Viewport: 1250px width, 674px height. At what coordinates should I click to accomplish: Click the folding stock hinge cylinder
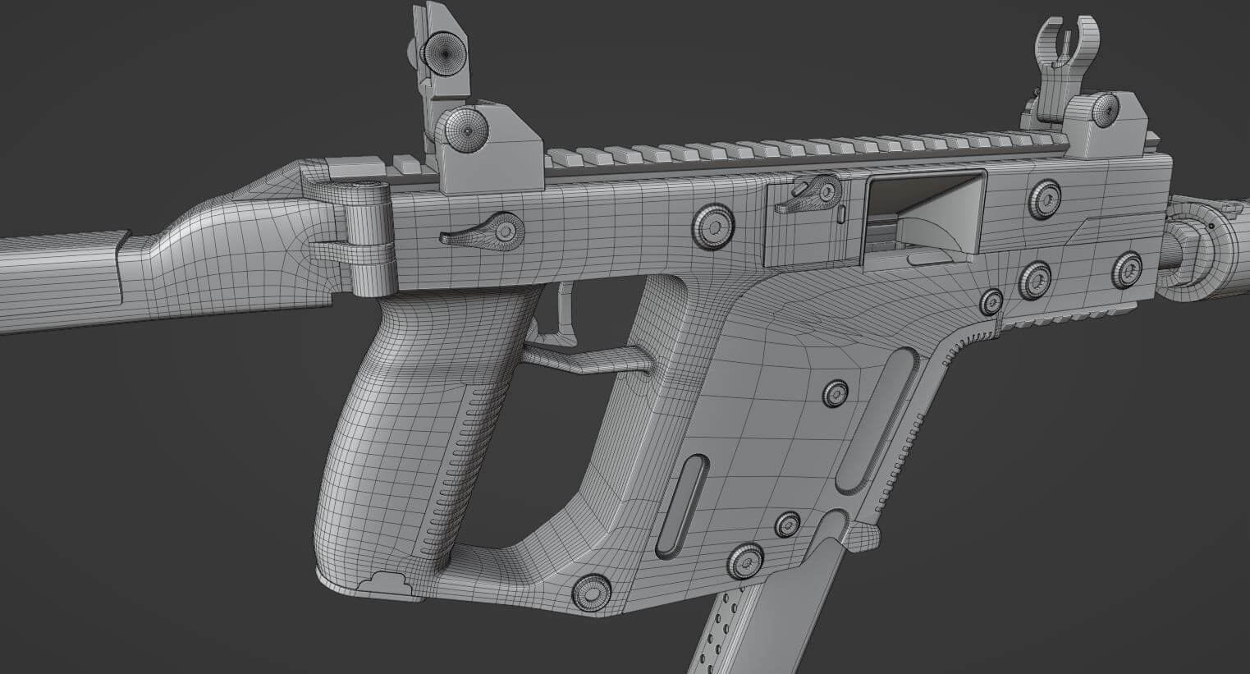click(369, 238)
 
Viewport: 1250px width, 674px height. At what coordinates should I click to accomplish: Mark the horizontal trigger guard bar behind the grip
click(587, 355)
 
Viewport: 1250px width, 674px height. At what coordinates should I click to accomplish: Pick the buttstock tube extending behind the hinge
click(57, 279)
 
